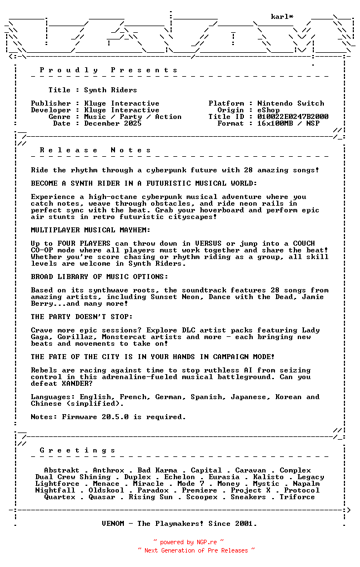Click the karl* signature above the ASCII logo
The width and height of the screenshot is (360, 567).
(x=282, y=17)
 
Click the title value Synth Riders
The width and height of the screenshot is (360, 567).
(x=111, y=90)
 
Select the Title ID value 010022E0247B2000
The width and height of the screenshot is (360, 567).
(x=293, y=117)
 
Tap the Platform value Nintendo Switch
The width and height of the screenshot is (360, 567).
(x=291, y=103)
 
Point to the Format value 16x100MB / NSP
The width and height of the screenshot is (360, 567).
(x=288, y=123)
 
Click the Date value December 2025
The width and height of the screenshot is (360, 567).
(x=113, y=123)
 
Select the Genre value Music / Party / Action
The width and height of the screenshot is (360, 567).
(x=133, y=117)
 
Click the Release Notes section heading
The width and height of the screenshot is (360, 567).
(x=95, y=150)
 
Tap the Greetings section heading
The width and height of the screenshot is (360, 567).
(x=77, y=450)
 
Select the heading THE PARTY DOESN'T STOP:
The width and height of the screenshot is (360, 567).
(x=82, y=317)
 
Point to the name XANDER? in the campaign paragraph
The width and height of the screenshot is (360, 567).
(x=77, y=384)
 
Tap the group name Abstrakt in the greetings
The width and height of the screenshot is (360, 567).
(x=62, y=470)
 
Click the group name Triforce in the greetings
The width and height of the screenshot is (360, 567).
(x=297, y=497)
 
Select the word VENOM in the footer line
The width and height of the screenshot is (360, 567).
(x=113, y=524)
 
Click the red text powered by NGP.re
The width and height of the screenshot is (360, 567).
(x=189, y=542)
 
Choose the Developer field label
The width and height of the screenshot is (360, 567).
(x=51, y=110)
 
